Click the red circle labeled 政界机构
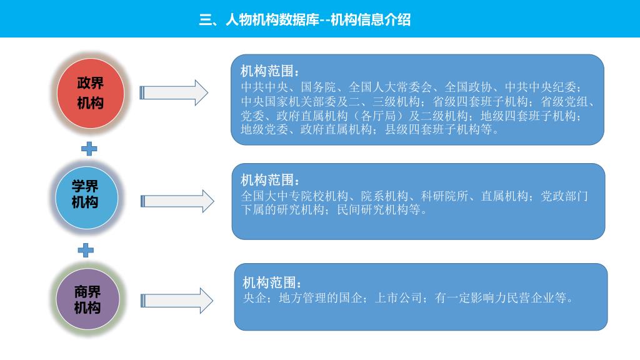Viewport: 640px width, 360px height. click(90, 93)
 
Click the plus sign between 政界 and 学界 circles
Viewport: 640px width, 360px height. click(89, 149)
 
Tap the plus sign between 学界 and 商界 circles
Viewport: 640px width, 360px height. click(86, 250)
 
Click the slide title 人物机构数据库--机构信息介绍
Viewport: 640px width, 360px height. click(304, 19)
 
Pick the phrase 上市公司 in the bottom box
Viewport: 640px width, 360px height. click(396, 297)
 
